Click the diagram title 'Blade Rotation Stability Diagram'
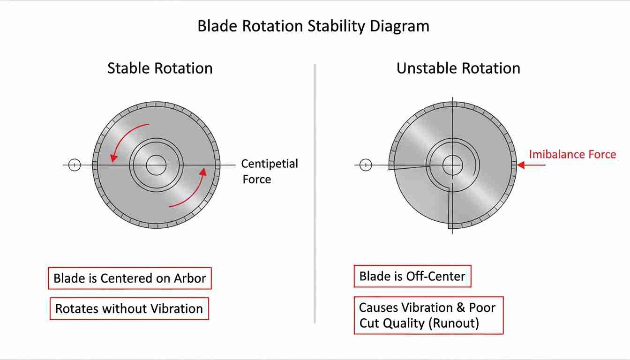(x=313, y=26)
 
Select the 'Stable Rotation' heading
(x=160, y=68)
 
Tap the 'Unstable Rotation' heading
(x=458, y=68)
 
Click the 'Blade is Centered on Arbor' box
(x=130, y=278)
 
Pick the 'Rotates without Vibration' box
(x=129, y=309)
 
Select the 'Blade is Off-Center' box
(x=412, y=276)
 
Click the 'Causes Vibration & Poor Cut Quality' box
(x=428, y=315)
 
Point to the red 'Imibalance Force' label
(x=572, y=154)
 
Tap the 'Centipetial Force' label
(x=269, y=171)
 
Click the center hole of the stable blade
(x=156, y=165)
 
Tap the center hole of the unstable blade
(x=452, y=165)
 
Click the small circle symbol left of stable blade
(x=75, y=165)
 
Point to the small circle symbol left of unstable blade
(x=366, y=165)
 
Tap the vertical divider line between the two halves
(x=315, y=192)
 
